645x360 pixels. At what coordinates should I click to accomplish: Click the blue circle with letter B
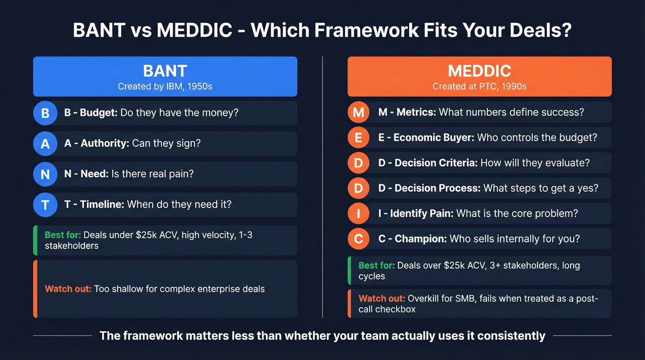pyautogui.click(x=45, y=113)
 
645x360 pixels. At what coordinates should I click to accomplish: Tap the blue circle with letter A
pyautogui.click(x=45, y=143)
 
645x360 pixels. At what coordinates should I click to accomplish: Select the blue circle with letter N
pyautogui.click(x=45, y=174)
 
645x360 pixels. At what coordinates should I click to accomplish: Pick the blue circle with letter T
pyautogui.click(x=45, y=205)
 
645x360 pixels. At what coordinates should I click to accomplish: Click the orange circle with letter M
pyautogui.click(x=358, y=112)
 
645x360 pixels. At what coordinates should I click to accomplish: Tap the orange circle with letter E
pyautogui.click(x=358, y=137)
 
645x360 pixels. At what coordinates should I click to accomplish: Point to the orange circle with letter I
pyautogui.click(x=358, y=213)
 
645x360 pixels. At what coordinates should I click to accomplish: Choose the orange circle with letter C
pyautogui.click(x=358, y=239)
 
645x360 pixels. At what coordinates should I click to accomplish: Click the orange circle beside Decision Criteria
pyautogui.click(x=358, y=163)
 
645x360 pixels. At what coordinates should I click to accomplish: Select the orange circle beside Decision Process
pyautogui.click(x=358, y=188)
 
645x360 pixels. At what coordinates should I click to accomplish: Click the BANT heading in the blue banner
pyautogui.click(x=165, y=71)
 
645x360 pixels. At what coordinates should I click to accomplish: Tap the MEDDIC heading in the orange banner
pyautogui.click(x=479, y=71)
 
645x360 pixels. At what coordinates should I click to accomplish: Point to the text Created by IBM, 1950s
pyautogui.click(x=165, y=86)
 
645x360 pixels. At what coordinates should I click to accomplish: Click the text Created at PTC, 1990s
pyautogui.click(x=479, y=86)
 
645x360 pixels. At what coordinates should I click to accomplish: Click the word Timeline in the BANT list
pyautogui.click(x=102, y=204)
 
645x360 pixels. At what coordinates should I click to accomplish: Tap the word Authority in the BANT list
pyautogui.click(x=105, y=143)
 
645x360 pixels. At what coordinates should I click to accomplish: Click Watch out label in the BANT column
pyautogui.click(x=68, y=289)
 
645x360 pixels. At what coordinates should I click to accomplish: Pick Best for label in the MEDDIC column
pyautogui.click(x=376, y=266)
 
